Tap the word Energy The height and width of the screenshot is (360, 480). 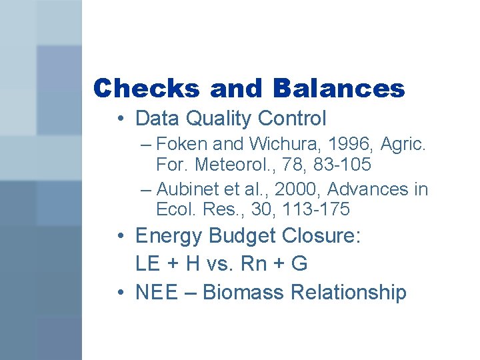(x=169, y=236)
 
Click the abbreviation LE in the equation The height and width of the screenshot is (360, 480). (x=147, y=264)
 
